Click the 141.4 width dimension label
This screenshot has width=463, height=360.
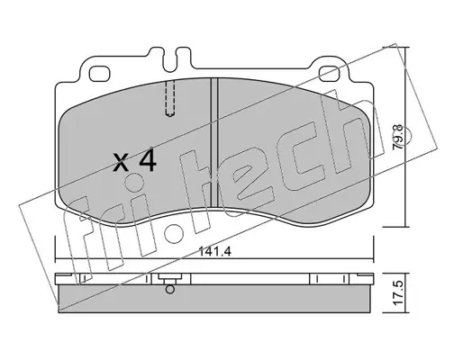[x=214, y=252]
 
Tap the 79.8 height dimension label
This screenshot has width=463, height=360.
[x=399, y=137]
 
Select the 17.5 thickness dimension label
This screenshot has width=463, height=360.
[x=398, y=292]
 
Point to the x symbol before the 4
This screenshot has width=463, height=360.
[x=121, y=163]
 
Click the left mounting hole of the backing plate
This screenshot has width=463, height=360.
[x=99, y=74]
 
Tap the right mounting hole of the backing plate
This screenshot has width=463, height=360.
[x=330, y=74]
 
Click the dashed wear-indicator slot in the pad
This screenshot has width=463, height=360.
[x=170, y=98]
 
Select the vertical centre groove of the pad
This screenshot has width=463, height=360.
[x=214, y=142]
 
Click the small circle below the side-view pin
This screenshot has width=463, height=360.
[x=170, y=290]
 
